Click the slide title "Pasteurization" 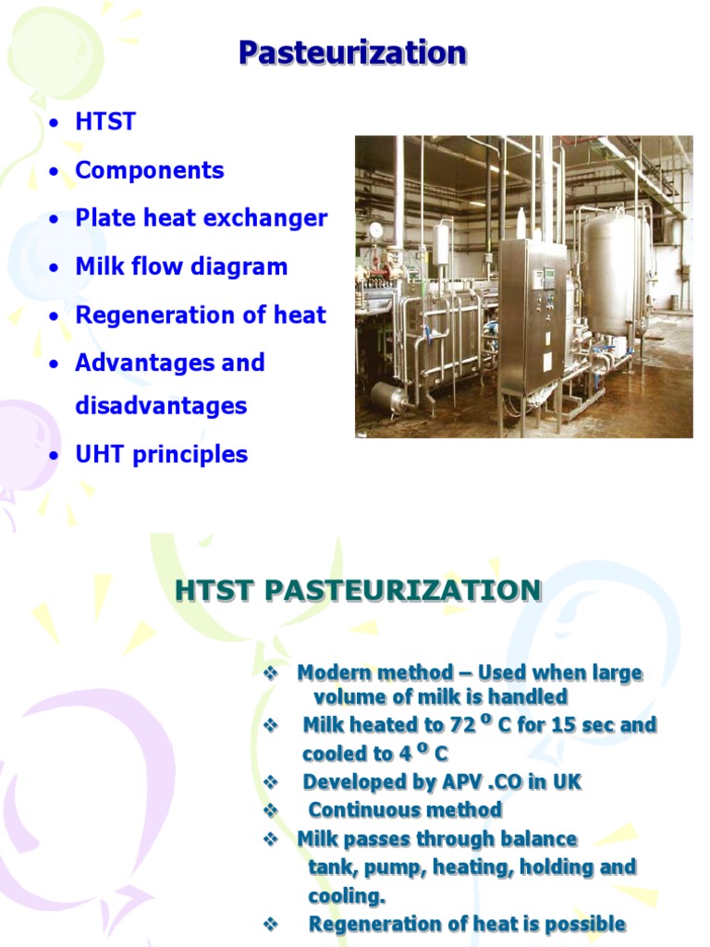[x=352, y=54]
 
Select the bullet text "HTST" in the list [x=105, y=122]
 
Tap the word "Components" [x=150, y=170]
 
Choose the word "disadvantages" [x=161, y=406]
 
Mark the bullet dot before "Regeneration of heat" [x=56, y=316]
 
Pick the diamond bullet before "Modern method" [x=271, y=673]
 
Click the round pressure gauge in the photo [x=375, y=229]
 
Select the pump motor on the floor [x=386, y=400]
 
